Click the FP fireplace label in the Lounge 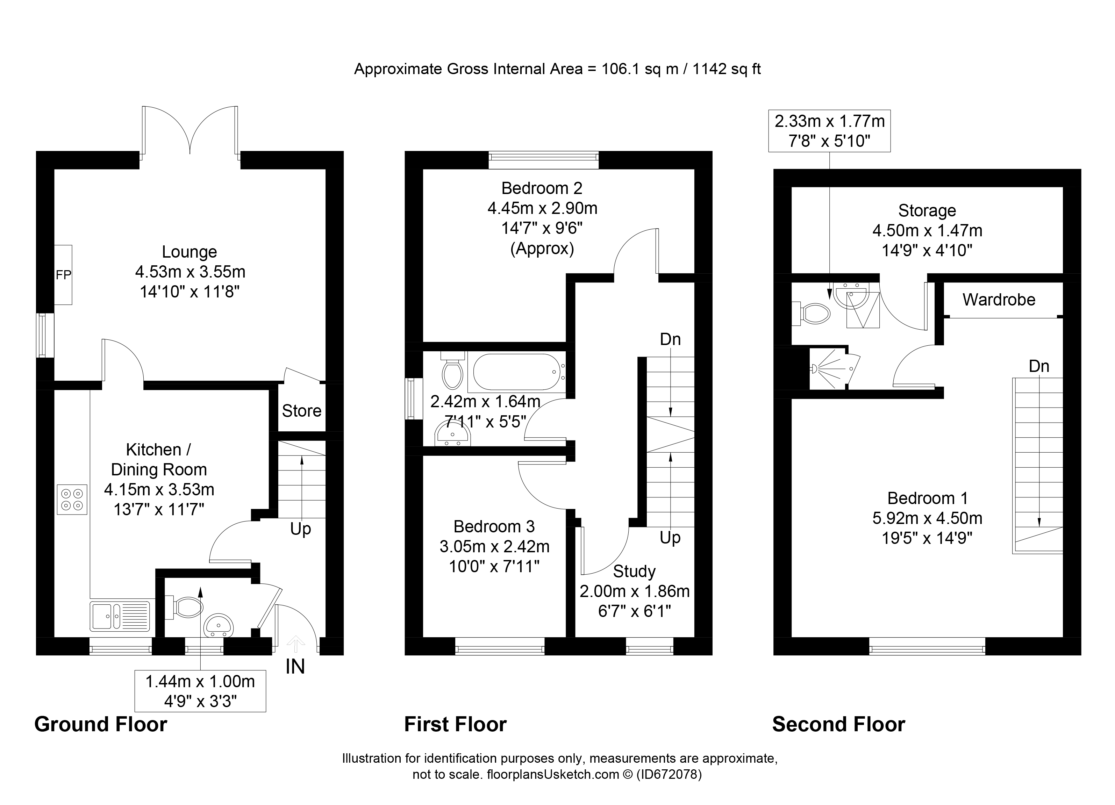pos(63,275)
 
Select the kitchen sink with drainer pos(120,616)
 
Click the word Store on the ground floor pos(301,410)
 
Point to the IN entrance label pos(295,667)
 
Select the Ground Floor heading pos(101,724)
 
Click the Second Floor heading pos(838,724)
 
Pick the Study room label pos(634,571)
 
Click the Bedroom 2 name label pos(542,188)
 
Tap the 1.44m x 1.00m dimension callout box pos(200,690)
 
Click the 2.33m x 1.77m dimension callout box pos(829,130)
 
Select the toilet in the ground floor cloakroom pos(184,607)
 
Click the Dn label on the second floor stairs pos(1039,366)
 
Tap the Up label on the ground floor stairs pos(300,529)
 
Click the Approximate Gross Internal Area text pos(557,69)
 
